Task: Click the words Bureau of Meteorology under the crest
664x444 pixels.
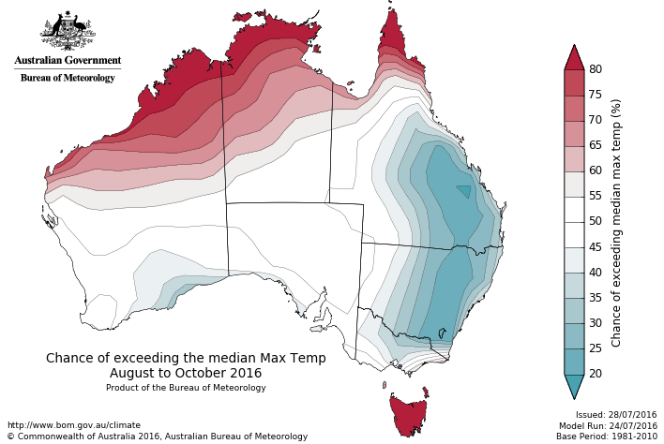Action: click(x=68, y=78)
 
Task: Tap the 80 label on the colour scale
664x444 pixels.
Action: click(x=595, y=69)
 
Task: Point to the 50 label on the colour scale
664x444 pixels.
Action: click(x=595, y=221)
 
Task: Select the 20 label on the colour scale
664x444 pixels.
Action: click(x=595, y=373)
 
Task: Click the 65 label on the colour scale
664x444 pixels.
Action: click(x=595, y=145)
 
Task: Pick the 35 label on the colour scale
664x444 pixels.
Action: click(x=595, y=297)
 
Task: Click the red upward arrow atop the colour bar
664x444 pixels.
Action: click(x=574, y=57)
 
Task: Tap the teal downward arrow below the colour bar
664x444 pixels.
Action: click(x=574, y=385)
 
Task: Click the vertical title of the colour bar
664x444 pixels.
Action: click(x=616, y=222)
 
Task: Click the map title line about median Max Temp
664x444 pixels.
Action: click(x=186, y=358)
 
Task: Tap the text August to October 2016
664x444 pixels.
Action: click(x=186, y=373)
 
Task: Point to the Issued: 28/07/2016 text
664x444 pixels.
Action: click(x=616, y=414)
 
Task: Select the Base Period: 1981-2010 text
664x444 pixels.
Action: click(x=607, y=437)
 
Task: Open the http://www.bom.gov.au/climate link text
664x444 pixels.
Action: click(x=73, y=425)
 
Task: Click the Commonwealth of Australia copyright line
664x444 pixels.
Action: click(x=157, y=437)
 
